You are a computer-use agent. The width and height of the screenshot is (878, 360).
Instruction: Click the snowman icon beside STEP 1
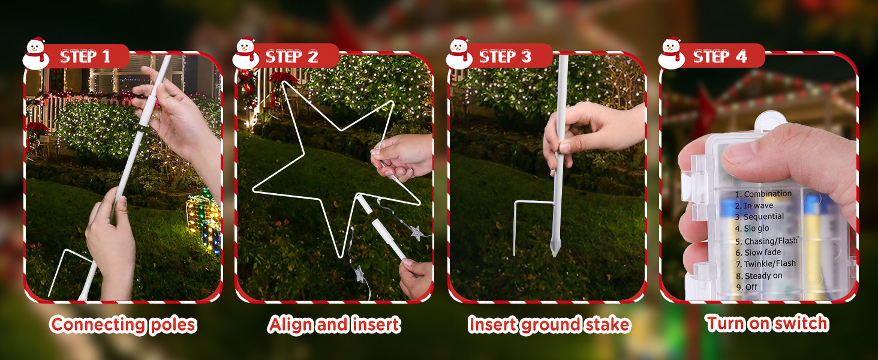35,53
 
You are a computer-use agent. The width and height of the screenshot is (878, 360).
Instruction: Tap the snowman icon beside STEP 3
459,53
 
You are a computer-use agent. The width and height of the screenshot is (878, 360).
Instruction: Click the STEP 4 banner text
720,57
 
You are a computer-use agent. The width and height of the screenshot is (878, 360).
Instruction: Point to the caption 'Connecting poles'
124,325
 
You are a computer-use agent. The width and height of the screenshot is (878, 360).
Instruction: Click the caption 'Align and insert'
334,325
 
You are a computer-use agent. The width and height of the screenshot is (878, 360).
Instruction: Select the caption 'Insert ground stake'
549,325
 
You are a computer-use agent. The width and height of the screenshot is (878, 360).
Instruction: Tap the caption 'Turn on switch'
767,323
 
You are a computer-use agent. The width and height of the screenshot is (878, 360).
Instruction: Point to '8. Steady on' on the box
759,275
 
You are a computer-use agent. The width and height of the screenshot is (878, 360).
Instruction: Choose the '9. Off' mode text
747,287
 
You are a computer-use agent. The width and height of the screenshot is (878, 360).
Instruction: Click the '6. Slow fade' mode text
758,252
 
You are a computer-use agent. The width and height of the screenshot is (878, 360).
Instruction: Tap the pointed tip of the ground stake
554,256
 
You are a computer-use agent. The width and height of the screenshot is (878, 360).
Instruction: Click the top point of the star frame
284,82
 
